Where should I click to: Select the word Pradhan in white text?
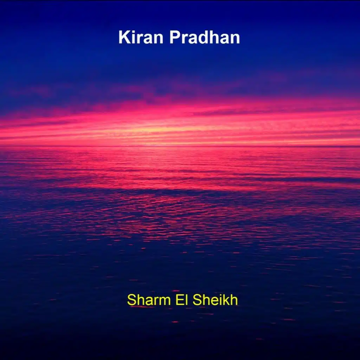[x=205, y=37]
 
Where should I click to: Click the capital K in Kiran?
[x=124, y=37]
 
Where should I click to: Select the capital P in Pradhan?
[x=174, y=37]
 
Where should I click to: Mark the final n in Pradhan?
[x=235, y=39]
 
